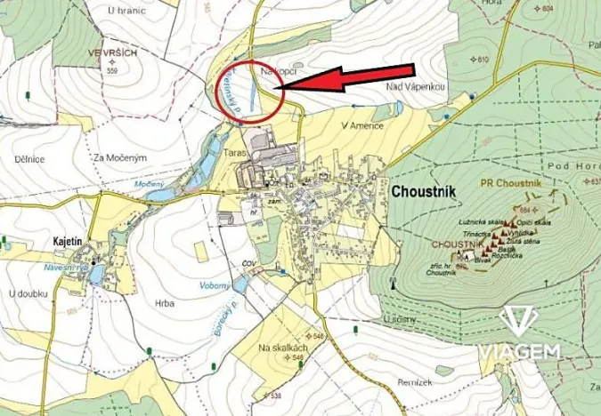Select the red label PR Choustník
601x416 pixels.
coord(510,181)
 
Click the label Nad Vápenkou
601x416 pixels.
coord(415,86)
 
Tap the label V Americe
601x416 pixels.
coord(362,126)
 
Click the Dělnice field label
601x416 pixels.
coord(29,159)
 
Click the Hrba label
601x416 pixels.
coord(164,303)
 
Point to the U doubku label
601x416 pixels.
coord(27,292)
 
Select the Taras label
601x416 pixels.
coord(235,152)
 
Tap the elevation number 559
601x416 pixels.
coord(113,71)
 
